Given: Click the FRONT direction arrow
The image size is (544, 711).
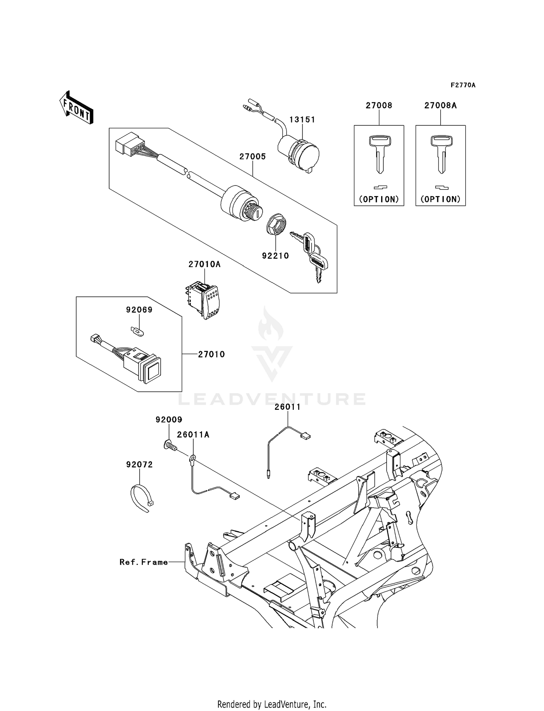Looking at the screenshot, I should point(77,108).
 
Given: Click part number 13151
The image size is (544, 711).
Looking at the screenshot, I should point(302,120).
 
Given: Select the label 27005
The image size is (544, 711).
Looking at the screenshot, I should point(252,157).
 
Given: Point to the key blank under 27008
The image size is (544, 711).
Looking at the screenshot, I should point(379,154).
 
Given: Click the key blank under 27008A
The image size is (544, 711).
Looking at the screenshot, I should point(441,154).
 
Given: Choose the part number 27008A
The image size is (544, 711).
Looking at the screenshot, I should point(440,105).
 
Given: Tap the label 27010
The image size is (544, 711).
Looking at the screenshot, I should point(211,354).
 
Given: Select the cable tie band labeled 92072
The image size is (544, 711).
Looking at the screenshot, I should point(141,498).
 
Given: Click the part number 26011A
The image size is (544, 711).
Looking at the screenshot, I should point(193,434).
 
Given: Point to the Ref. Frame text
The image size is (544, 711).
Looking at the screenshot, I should point(144,562).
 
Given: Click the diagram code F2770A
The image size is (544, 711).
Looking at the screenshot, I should point(463,85).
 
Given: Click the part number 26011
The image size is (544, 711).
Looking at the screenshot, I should point(288,407).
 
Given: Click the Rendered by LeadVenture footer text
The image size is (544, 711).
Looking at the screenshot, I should point(272,704).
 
